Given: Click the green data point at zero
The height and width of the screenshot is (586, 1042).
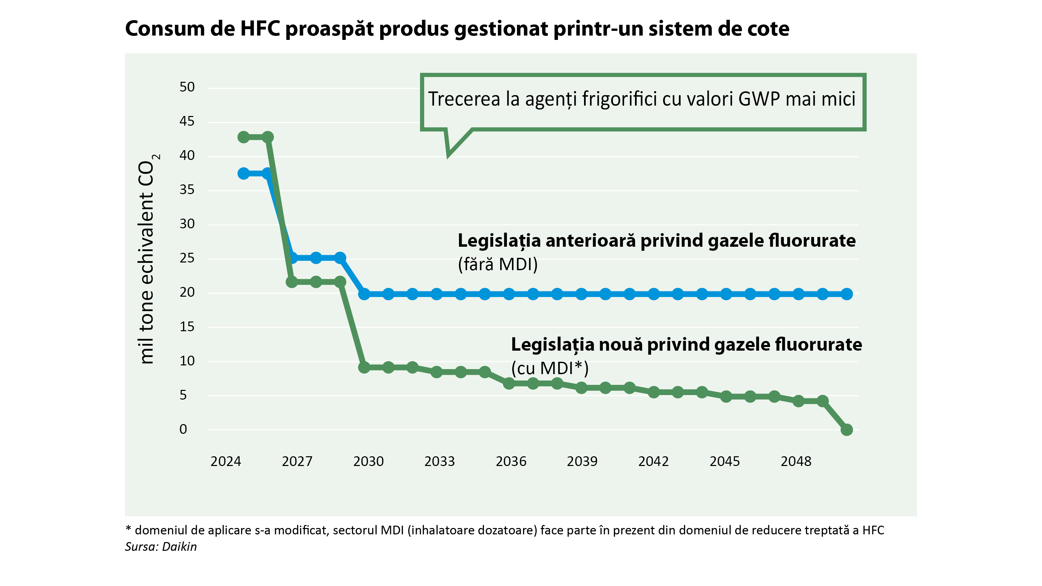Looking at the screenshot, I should tap(846, 429).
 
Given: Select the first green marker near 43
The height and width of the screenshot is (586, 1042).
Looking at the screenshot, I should tap(243, 137).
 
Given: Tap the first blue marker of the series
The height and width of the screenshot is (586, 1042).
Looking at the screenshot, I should tap(243, 174).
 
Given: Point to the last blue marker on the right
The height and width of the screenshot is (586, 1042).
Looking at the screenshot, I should tap(846, 294).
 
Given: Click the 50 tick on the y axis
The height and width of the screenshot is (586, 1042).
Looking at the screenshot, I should tap(187, 87).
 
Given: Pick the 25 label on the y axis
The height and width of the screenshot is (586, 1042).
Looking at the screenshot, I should tap(187, 258).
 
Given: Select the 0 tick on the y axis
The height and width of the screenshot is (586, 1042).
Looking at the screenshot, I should tap(183, 429).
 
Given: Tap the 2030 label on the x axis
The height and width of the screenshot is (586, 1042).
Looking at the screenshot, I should tap(368, 461).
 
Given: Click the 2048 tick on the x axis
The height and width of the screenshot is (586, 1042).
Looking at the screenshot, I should tap(796, 461).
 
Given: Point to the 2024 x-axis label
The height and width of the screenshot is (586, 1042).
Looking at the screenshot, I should tap(226, 461).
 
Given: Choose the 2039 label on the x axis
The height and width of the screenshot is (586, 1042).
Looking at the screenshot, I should tap(582, 461).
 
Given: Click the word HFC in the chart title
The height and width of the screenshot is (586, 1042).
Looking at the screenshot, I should tap(260, 29).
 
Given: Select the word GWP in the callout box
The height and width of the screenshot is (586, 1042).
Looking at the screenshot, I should tap(759, 99).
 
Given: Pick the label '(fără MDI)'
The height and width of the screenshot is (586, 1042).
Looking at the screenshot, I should tap(498, 265).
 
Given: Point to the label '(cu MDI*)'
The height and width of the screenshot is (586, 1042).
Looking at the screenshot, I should tap(550, 368).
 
